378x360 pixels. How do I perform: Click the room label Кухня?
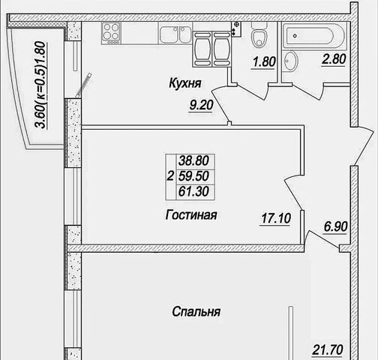(x=185, y=83)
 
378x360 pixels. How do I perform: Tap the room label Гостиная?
(x=191, y=214)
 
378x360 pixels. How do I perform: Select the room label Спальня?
(x=196, y=312)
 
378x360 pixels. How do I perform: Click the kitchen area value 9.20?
(x=201, y=105)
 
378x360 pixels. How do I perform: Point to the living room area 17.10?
(x=276, y=218)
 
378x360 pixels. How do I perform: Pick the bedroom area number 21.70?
(x=328, y=349)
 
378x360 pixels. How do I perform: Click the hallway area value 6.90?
(x=336, y=226)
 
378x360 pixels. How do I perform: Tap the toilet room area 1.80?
(x=264, y=61)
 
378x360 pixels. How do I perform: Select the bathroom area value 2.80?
(x=334, y=59)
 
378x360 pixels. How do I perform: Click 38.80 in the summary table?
(x=193, y=160)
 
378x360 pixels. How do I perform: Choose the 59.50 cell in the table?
(x=193, y=176)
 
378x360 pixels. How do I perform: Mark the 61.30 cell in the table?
(x=193, y=191)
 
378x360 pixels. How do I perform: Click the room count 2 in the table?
(x=170, y=176)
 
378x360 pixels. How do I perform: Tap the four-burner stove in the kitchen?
(x=111, y=33)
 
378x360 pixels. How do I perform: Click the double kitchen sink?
(x=175, y=34)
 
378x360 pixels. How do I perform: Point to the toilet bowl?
(x=259, y=35)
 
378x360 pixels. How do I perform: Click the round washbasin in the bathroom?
(x=291, y=61)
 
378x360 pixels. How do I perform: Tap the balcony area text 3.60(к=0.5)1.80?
(x=40, y=85)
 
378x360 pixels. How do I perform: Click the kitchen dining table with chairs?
(x=211, y=49)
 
